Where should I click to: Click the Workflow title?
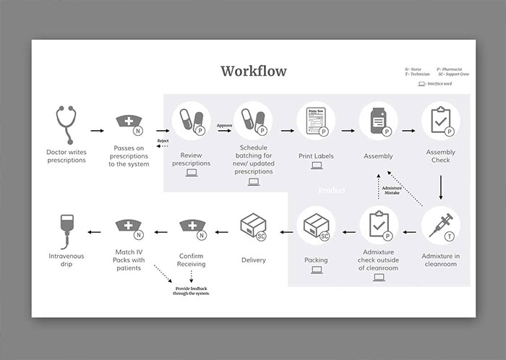click(x=253, y=71)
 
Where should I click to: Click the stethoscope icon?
click(x=66, y=124)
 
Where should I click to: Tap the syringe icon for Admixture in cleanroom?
click(x=439, y=226)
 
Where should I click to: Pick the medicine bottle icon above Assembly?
click(x=378, y=121)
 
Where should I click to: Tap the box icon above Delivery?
click(x=253, y=226)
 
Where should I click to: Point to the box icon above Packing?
click(x=316, y=226)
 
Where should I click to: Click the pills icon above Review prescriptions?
click(x=191, y=121)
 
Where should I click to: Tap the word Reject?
click(x=163, y=140)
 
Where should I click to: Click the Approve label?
click(x=224, y=125)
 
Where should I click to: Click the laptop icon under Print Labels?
click(x=316, y=166)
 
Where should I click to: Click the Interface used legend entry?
click(x=435, y=84)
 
